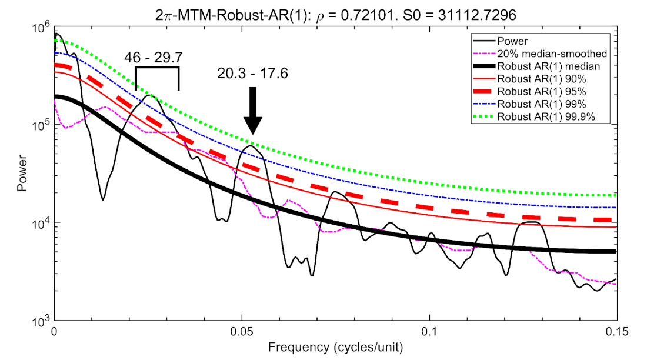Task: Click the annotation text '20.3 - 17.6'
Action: [253, 74]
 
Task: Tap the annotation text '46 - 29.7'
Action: [154, 57]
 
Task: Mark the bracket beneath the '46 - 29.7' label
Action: [157, 68]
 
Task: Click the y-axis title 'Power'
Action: [22, 174]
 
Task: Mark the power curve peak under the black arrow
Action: [251, 146]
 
